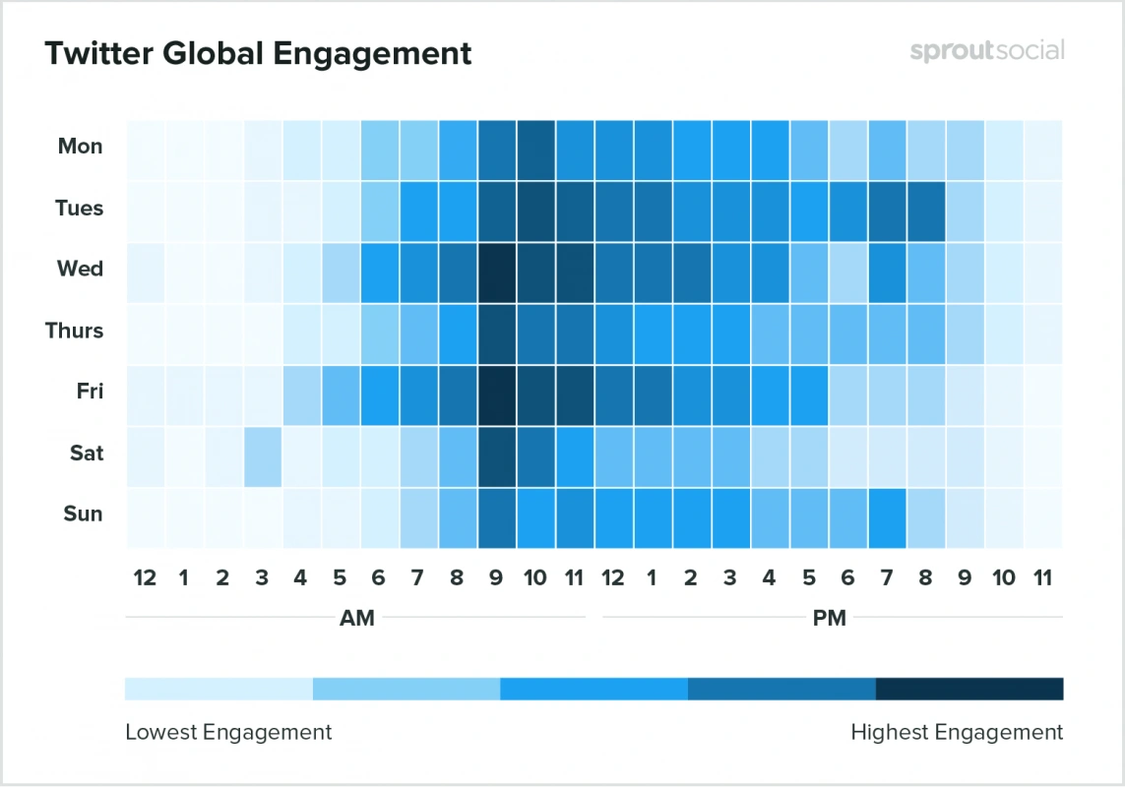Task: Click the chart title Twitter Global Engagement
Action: click(258, 53)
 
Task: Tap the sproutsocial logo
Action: click(986, 51)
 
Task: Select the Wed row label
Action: click(80, 269)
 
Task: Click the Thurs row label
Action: click(74, 331)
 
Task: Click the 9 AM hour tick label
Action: click(496, 577)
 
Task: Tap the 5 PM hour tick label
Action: click(809, 577)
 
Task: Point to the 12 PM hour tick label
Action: click(613, 577)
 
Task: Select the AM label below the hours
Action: click(356, 618)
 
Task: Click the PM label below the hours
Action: click(830, 618)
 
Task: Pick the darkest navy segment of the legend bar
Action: click(969, 689)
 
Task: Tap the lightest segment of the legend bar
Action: click(219, 689)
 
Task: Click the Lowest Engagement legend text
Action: click(228, 732)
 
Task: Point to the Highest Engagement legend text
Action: click(957, 732)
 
